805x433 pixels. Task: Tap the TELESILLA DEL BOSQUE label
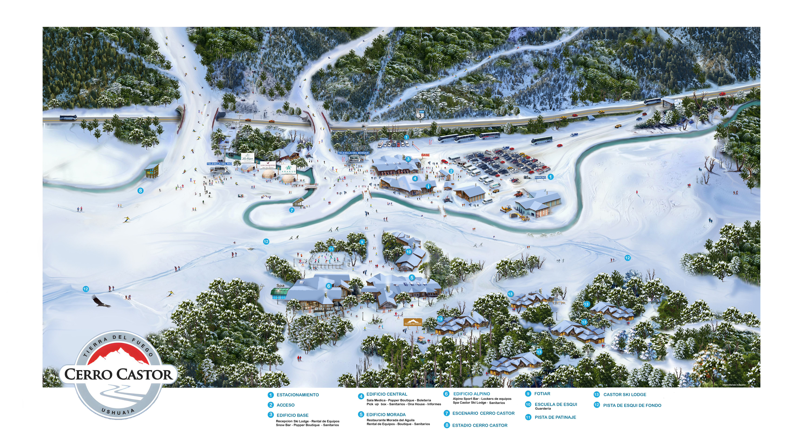click(353, 153)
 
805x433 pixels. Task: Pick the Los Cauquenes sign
click(268, 165)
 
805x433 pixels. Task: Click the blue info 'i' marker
click(428, 186)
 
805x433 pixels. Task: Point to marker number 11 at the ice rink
click(331, 249)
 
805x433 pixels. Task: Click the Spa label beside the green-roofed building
click(280, 285)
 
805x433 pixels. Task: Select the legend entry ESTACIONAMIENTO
click(297, 395)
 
